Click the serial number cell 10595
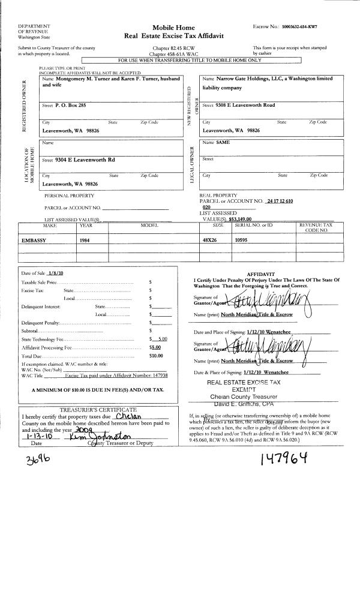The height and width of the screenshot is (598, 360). (241, 239)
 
